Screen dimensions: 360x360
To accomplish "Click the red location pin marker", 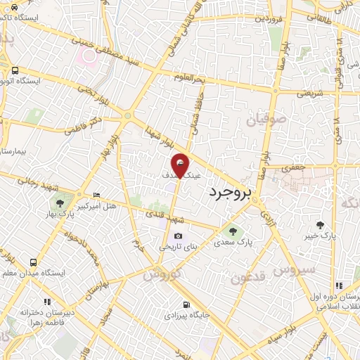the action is [x=181, y=165].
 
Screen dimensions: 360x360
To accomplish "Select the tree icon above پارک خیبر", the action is [x=321, y=225].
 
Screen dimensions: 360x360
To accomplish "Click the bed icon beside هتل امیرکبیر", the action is [x=97, y=195].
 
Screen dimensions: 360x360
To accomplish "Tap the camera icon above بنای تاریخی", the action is [x=179, y=236].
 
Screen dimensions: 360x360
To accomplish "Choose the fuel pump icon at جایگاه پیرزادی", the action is [x=186, y=305].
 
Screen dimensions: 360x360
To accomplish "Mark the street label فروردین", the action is [x=271, y=18].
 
